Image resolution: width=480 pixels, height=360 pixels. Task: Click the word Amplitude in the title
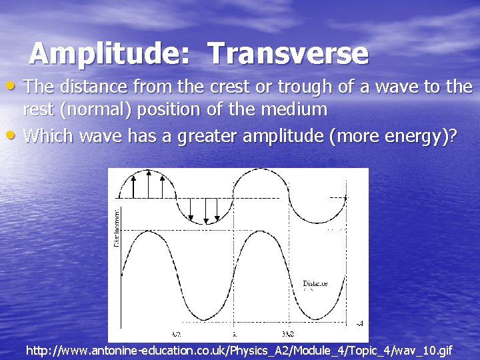click(x=104, y=54)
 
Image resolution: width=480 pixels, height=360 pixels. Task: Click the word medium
click(x=300, y=109)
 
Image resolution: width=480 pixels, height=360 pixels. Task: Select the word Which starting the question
click(x=49, y=136)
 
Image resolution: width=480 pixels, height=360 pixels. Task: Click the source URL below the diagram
click(x=239, y=350)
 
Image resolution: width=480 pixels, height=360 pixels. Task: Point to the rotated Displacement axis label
click(x=117, y=227)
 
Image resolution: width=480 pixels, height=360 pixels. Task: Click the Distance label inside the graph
click(x=315, y=283)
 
